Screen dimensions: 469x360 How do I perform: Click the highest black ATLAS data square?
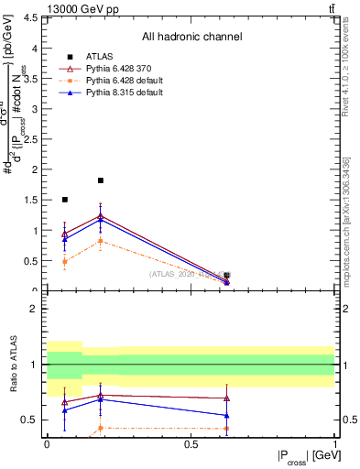(101, 180)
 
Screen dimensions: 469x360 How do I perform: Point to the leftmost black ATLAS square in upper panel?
(64, 200)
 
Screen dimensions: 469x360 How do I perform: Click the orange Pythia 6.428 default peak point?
(101, 241)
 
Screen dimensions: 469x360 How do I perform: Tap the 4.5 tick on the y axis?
(35, 17)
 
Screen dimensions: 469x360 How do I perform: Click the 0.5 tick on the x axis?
(191, 444)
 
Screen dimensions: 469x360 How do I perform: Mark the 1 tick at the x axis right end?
(333, 444)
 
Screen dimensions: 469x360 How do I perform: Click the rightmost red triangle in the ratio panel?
(226, 398)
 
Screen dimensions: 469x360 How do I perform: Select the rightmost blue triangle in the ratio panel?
(226, 415)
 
